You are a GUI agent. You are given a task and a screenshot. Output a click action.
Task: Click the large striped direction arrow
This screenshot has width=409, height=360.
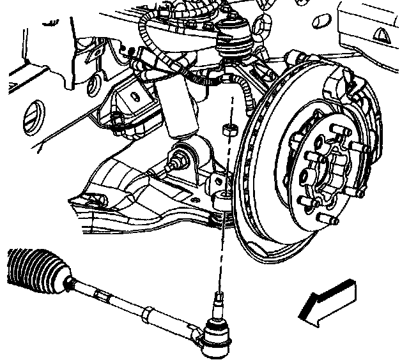[x=327, y=299]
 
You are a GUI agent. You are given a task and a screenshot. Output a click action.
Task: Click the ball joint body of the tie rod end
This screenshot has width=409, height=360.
[x=217, y=335]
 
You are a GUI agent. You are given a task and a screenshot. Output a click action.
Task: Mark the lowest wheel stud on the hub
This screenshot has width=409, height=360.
[x=332, y=220]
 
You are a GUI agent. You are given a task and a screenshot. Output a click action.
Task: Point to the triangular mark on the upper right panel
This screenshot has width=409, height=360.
[x=382, y=33]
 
